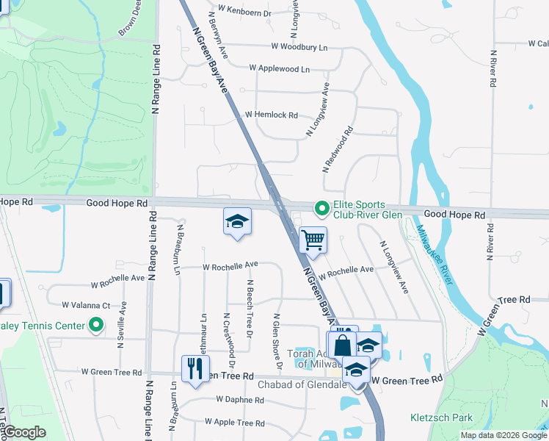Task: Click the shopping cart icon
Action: [x=313, y=240]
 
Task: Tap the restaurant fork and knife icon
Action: [x=195, y=369]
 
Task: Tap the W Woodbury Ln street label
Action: [x=299, y=47]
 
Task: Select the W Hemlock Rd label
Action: [x=272, y=115]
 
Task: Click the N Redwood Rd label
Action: [x=338, y=149]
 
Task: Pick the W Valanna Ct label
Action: [x=86, y=305]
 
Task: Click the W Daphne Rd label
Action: [x=240, y=401]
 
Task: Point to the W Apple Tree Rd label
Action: [x=235, y=423]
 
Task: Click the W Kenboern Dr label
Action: [x=240, y=14]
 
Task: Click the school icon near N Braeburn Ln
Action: [x=237, y=222]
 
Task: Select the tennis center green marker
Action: [x=96, y=324]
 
